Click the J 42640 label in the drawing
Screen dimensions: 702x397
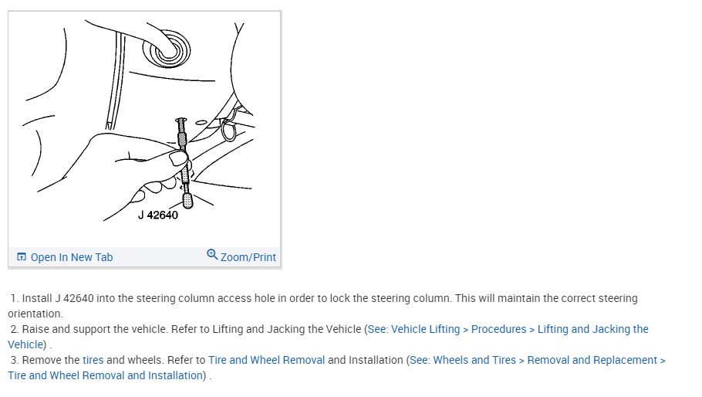pos(158,215)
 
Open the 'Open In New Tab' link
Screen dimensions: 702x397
pos(72,257)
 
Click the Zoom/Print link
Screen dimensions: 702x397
pos(248,257)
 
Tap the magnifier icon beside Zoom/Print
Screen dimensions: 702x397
pos(212,255)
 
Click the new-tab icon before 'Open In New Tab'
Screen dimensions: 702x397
pos(22,257)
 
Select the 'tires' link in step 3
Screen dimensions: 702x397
pos(93,360)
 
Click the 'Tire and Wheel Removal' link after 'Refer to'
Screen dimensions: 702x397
pos(266,360)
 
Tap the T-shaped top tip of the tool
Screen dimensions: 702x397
pos(182,121)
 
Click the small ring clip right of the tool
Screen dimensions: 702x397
pos(228,131)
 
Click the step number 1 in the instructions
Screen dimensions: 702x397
pos(14,298)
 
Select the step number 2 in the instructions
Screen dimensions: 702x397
pos(14,329)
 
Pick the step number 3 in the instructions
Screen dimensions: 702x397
pos(14,360)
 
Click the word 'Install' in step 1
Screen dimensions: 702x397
pos(37,298)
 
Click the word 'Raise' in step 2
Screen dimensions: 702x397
pos(36,329)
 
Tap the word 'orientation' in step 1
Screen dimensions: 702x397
pos(35,314)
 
